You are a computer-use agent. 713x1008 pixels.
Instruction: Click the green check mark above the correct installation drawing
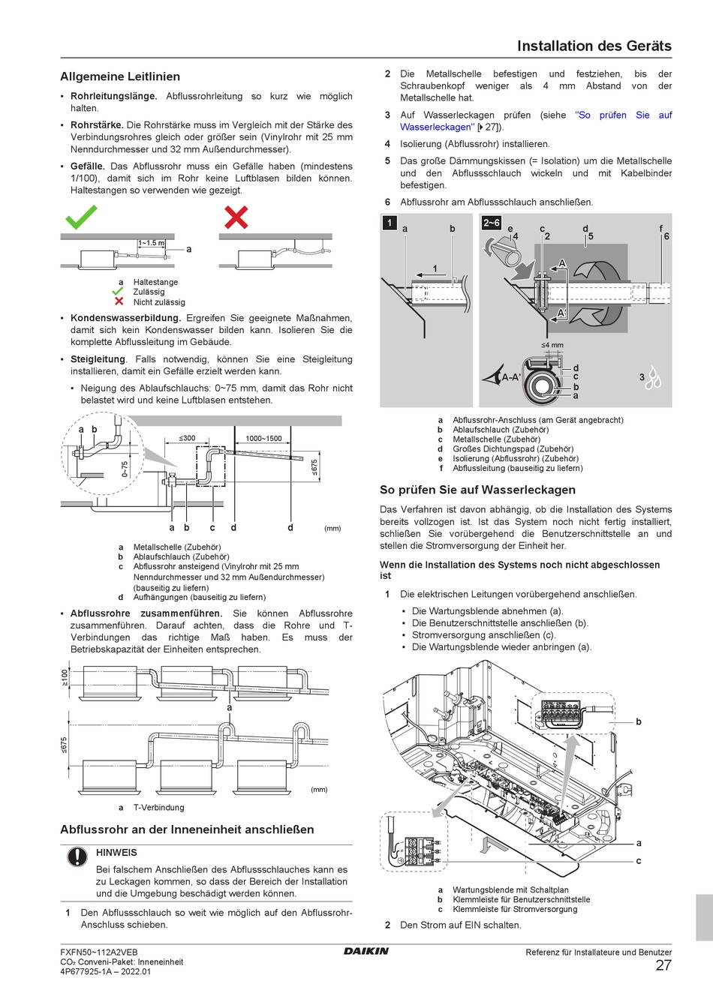pos(81,217)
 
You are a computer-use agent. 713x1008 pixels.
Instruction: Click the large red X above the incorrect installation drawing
pos(236,217)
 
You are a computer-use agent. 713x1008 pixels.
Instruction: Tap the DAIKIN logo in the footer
pos(366,951)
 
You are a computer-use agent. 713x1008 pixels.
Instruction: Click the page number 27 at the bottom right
pos(663,965)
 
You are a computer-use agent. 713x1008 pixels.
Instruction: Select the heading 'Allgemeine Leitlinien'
pos(120,76)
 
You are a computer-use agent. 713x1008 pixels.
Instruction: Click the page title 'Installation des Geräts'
pos(594,46)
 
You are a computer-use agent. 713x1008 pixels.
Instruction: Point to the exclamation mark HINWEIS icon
pos(77,856)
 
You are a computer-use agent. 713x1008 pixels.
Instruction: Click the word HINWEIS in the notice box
pos(116,853)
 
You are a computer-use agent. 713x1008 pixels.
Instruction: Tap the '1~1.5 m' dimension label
pos(151,243)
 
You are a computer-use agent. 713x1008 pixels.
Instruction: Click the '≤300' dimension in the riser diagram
pos(187,438)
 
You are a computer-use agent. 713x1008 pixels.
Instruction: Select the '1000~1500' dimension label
pos(263,438)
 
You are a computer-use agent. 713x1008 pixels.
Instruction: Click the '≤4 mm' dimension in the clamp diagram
pos(552,345)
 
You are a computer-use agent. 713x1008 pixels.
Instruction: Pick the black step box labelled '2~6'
pos(491,223)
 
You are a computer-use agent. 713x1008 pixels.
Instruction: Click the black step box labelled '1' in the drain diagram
pos(390,223)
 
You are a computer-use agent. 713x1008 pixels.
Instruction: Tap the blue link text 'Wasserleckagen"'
pos(437,127)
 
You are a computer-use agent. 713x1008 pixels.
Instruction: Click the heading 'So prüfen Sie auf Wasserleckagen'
pos(477,490)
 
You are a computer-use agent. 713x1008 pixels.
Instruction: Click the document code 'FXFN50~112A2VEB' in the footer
pos(98,952)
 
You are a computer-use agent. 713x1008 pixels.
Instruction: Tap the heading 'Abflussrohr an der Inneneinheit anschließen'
pos(187,829)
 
